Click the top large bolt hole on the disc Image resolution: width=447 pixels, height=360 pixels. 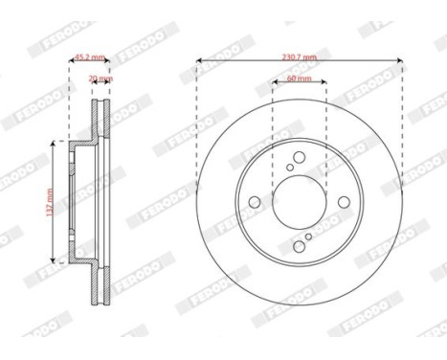tap(300, 157)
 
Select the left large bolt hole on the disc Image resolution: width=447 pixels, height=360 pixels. tap(255, 202)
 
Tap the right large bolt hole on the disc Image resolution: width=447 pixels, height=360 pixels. tap(346, 202)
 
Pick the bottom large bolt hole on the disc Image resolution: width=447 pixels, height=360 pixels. tap(300, 247)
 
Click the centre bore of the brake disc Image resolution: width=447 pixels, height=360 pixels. tap(300, 202)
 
